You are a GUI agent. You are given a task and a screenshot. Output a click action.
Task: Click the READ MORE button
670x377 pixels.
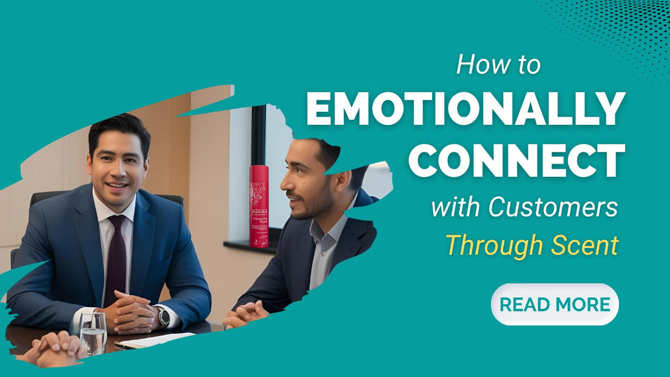pos(555,305)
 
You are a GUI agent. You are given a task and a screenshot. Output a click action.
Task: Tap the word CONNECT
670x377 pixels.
pos(516,161)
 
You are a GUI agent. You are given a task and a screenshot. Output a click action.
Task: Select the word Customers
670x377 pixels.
pos(553,207)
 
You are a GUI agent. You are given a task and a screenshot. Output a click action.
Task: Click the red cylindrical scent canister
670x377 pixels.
pos(259,206)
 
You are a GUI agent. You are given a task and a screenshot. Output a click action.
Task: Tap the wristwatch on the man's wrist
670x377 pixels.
pos(164,317)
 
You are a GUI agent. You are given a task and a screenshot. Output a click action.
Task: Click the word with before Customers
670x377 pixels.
pos(456,207)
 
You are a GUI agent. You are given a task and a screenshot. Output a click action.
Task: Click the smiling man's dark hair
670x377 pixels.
pos(119,127)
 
